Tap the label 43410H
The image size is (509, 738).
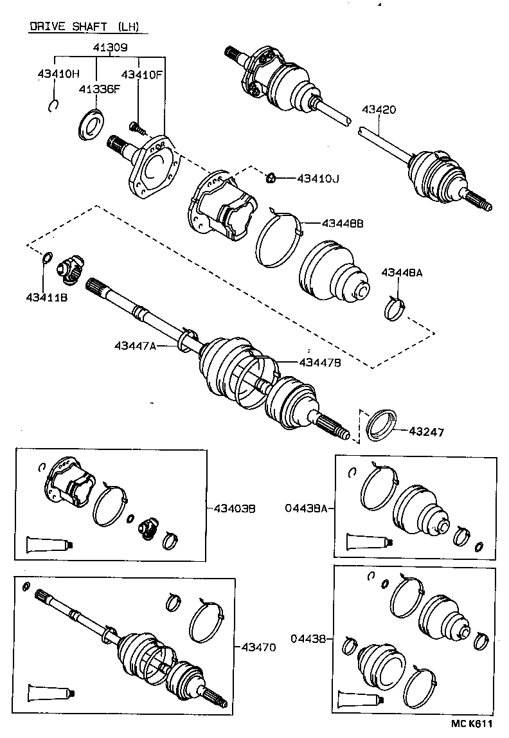coord(57,74)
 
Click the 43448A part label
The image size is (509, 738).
coord(402,273)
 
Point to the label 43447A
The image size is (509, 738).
coord(136,346)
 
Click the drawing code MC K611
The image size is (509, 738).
coord(470,723)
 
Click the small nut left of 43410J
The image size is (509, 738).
coord(272,176)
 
